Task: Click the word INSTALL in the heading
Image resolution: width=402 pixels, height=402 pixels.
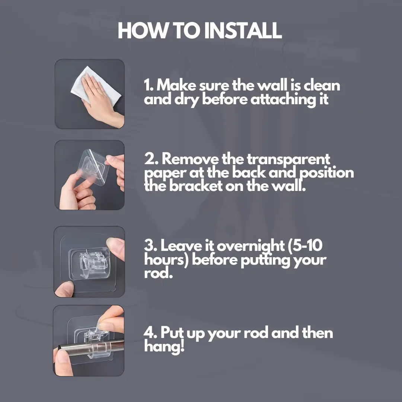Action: click(x=243, y=31)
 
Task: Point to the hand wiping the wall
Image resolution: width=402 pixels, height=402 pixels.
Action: click(x=101, y=101)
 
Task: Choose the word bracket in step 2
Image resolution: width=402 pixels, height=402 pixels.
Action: click(x=196, y=186)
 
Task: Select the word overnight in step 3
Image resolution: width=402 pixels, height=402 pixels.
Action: click(x=251, y=246)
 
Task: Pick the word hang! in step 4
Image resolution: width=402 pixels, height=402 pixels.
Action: click(x=164, y=347)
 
